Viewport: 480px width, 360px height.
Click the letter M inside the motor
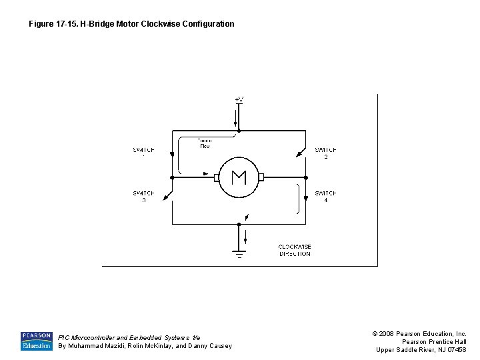click(x=239, y=177)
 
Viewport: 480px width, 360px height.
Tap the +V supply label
click(x=239, y=99)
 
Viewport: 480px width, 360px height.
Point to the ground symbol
click(x=239, y=253)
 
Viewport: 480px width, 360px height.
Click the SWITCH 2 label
click(x=325, y=153)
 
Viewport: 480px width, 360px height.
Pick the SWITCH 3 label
click(x=143, y=197)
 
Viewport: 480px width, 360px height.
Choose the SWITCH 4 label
click(x=325, y=197)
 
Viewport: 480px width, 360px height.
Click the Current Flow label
click(x=204, y=143)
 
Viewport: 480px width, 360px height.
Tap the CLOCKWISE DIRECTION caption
click(x=295, y=250)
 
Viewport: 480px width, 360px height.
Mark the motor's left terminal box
click(x=217, y=177)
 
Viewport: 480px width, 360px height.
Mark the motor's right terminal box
click(x=261, y=177)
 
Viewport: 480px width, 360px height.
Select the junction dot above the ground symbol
click(x=239, y=224)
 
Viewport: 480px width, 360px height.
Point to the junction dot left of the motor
click(x=172, y=177)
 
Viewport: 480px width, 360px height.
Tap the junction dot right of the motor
click(x=305, y=177)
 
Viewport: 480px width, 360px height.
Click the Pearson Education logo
click(x=36, y=341)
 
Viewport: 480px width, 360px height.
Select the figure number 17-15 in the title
click(x=67, y=24)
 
